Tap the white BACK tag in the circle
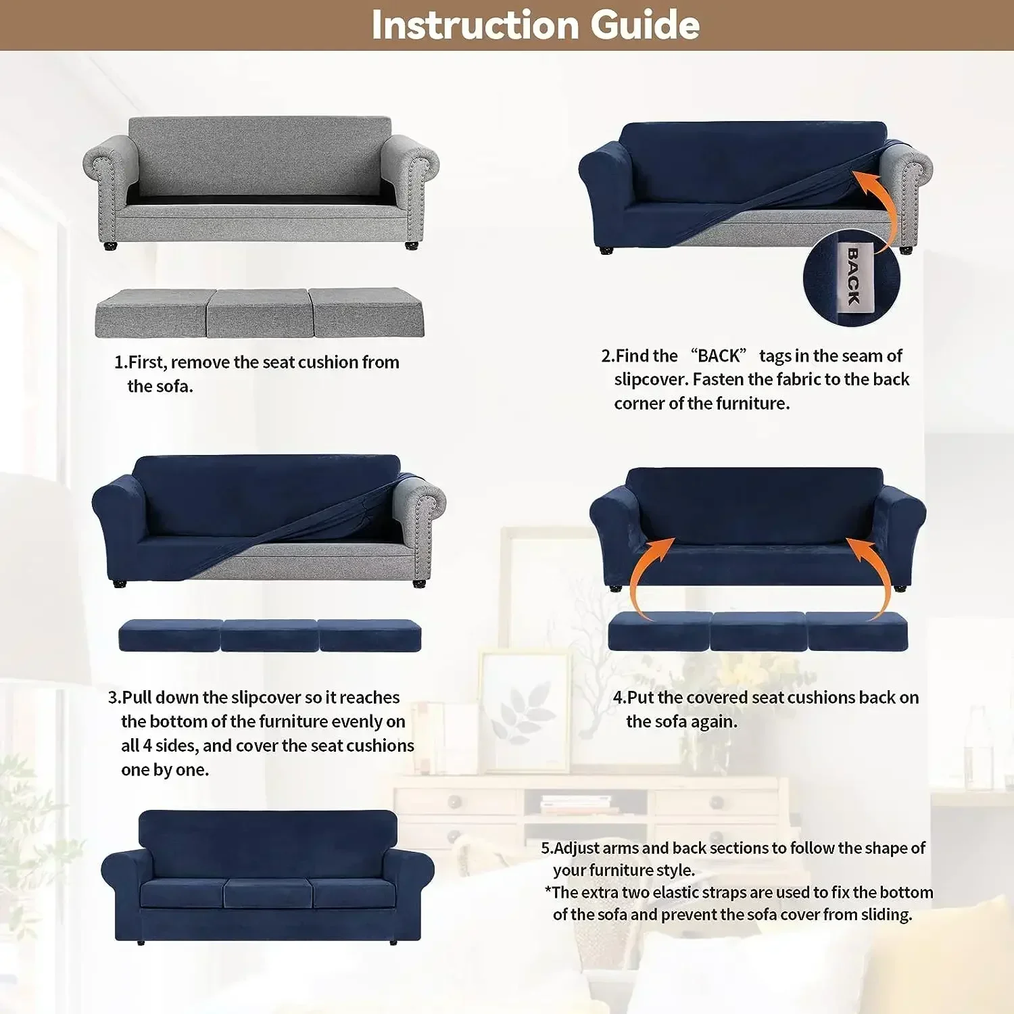(852, 276)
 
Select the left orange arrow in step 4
(646, 575)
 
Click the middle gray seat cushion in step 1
(258, 313)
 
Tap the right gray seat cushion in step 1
(366, 313)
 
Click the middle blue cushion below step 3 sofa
(269, 636)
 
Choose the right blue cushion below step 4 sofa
(857, 633)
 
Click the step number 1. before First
(120, 362)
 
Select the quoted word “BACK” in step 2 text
(718, 356)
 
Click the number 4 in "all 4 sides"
(147, 746)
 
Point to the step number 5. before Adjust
(546, 848)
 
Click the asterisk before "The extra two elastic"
(548, 891)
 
